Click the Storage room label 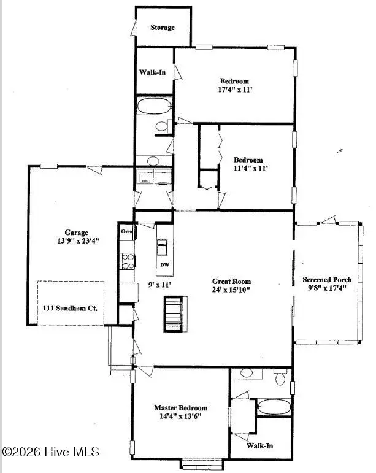(163, 28)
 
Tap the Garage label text (78, 233)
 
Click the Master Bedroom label (180, 408)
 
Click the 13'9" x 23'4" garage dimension (78, 241)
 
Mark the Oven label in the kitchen (127, 231)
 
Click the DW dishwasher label (164, 265)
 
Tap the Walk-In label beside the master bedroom (259, 446)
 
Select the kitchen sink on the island (164, 247)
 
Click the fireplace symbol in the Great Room (174, 313)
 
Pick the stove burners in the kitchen (126, 261)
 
